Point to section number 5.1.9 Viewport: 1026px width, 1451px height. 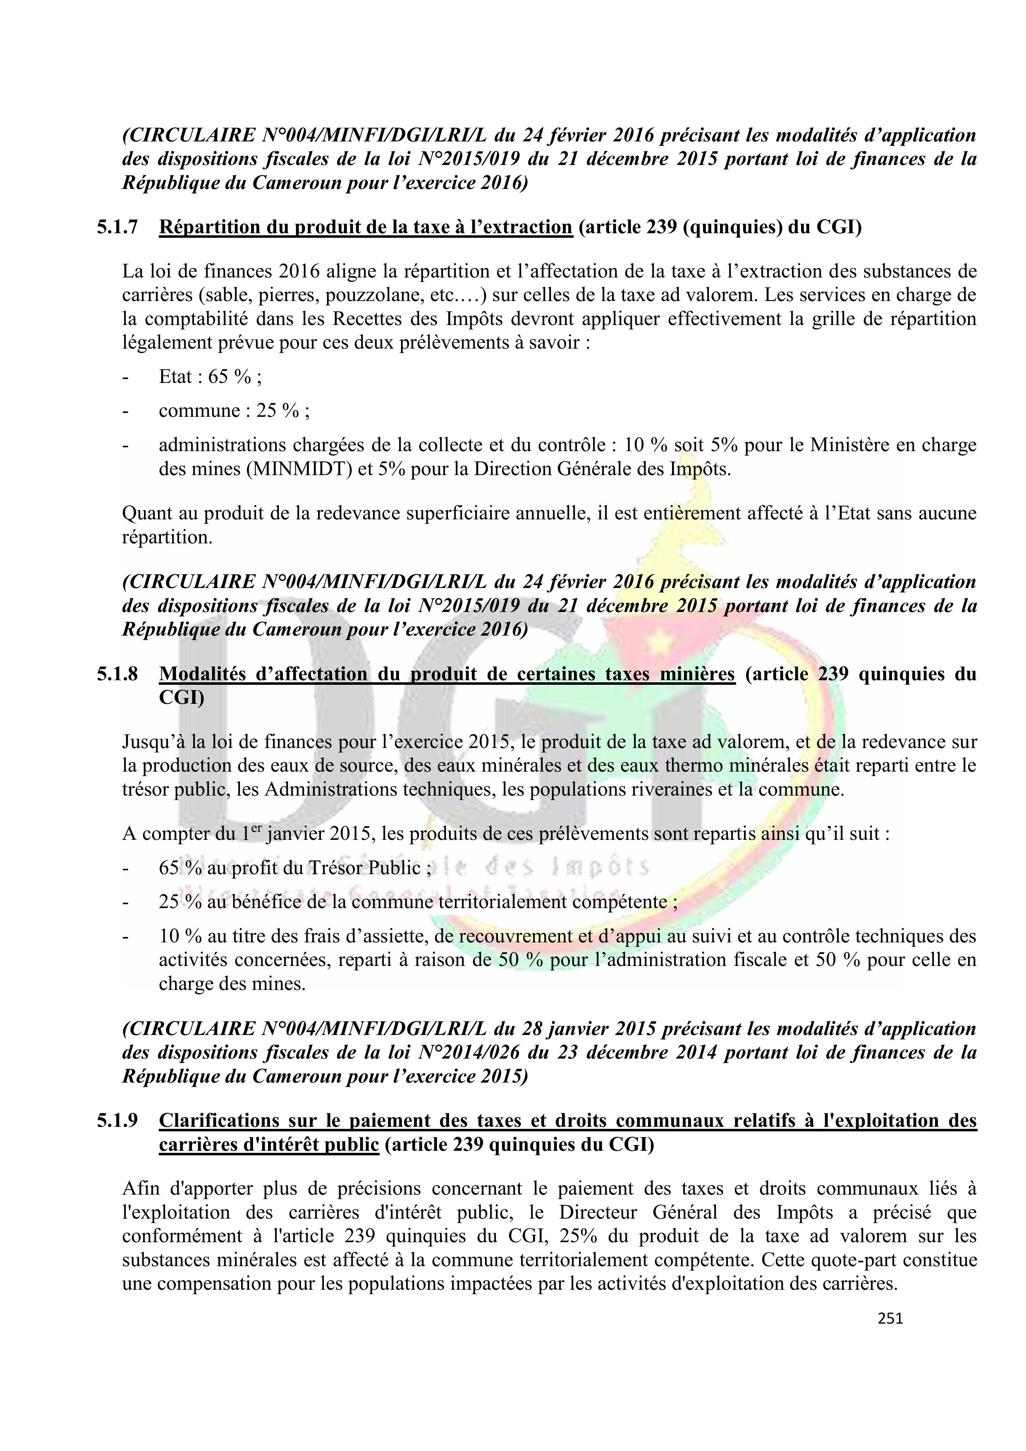click(117, 1121)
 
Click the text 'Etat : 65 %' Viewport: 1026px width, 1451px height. click(208, 377)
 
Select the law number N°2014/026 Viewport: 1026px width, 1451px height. click(469, 1053)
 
